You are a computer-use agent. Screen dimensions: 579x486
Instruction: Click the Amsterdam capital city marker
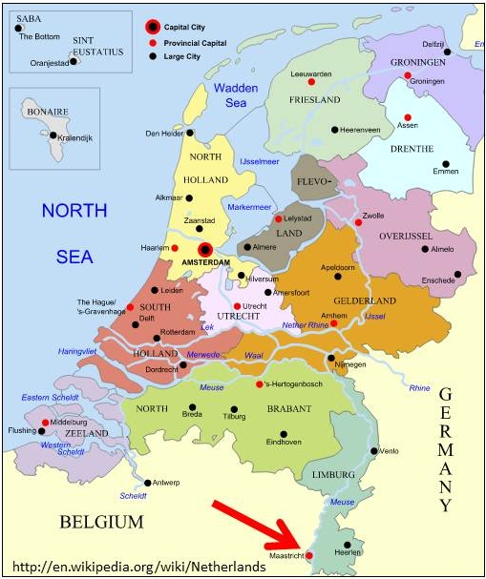tap(203, 249)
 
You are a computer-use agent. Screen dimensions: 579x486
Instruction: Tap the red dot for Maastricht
tap(307, 554)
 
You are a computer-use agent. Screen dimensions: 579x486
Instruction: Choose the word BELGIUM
tap(101, 522)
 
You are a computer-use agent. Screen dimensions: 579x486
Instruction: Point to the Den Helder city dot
tap(190, 133)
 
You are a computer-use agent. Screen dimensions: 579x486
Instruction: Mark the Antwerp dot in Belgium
tap(151, 482)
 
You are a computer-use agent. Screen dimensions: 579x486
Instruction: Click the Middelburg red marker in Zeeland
tap(45, 422)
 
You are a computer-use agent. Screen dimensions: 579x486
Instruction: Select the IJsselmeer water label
tap(259, 161)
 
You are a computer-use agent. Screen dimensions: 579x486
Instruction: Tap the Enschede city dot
tap(457, 275)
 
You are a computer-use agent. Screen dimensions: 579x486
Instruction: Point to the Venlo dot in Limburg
tap(374, 450)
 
